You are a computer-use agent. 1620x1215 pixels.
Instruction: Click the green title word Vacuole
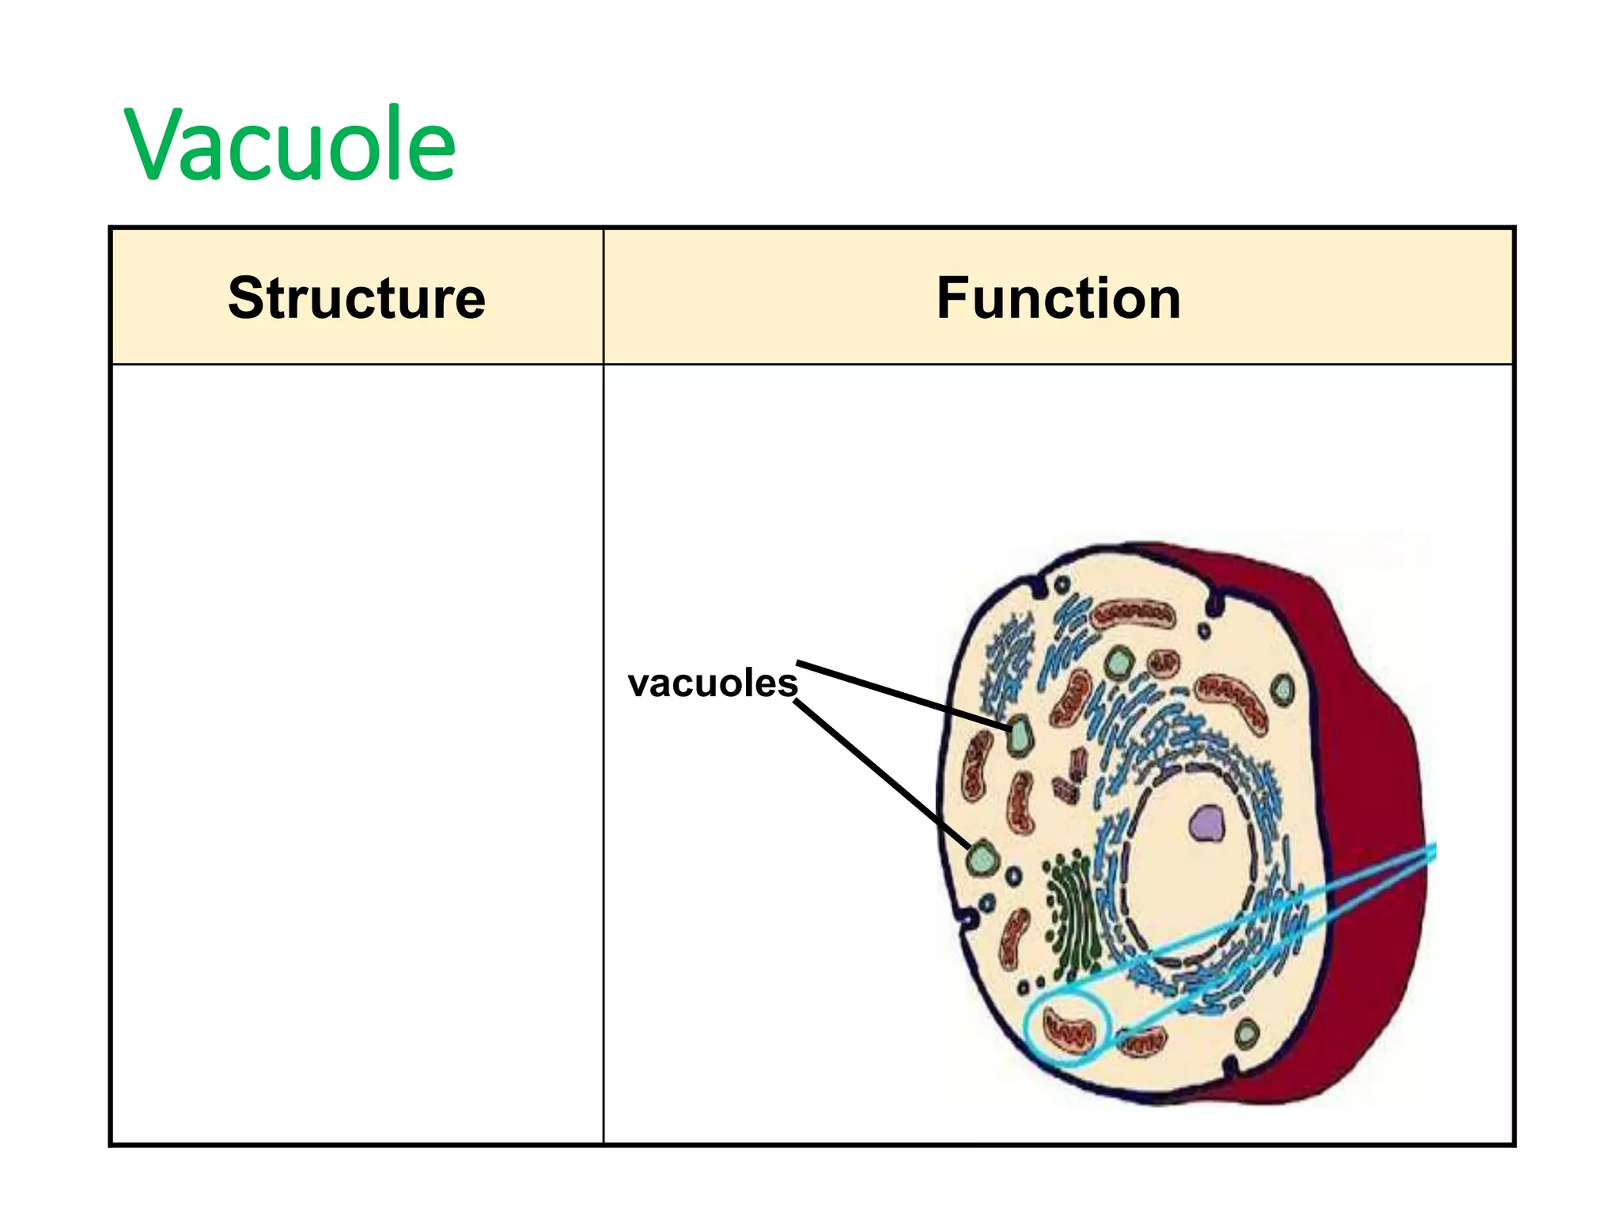(x=290, y=145)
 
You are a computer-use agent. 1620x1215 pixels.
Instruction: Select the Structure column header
(x=356, y=298)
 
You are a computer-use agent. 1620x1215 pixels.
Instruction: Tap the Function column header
(x=1058, y=298)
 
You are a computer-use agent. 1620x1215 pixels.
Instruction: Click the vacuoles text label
(x=712, y=683)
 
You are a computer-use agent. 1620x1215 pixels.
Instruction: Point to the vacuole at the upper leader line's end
(x=1019, y=736)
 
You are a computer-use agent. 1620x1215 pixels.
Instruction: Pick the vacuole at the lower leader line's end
(x=983, y=857)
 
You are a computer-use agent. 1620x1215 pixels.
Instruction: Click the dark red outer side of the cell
(x=1376, y=791)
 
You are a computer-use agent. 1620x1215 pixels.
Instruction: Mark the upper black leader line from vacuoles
(x=902, y=694)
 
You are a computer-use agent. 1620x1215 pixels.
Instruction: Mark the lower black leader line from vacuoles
(x=882, y=775)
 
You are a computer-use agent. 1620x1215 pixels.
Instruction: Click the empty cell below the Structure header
(x=356, y=751)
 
